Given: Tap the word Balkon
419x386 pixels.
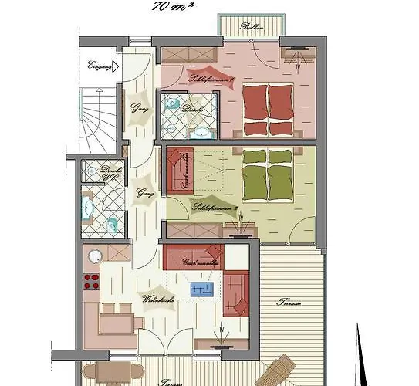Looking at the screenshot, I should point(251,28).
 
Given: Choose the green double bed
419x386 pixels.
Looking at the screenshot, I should point(269,174).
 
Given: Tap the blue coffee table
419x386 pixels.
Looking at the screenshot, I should point(201,289).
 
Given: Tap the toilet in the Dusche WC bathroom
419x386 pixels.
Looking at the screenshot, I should point(112,225).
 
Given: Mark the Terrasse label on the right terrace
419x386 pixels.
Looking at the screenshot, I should point(289,302).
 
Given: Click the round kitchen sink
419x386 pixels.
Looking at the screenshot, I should point(95,257).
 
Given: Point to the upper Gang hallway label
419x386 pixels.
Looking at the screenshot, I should point(140,107).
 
